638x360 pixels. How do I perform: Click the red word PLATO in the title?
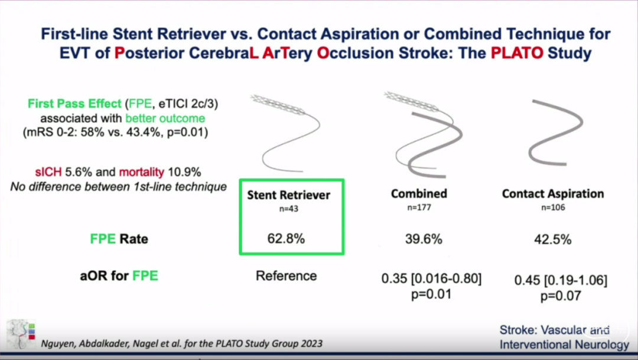pos(517,53)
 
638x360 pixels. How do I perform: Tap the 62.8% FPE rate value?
pos(286,239)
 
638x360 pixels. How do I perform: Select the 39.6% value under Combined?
pos(424,239)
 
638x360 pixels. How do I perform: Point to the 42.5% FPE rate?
pos(553,239)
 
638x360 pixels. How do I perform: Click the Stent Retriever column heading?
pos(288,195)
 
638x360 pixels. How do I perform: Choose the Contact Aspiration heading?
pos(553,194)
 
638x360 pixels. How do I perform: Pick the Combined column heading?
pos(419,194)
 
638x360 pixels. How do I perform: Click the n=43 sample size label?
pos(288,209)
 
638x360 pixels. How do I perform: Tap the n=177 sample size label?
pos(419,207)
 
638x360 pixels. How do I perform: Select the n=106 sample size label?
pos(553,207)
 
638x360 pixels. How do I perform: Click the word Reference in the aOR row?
pos(286,275)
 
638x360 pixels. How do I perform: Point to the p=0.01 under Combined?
pos(431,294)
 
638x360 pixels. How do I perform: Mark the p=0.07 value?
pos(561,296)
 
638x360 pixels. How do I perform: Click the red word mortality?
pos(142,172)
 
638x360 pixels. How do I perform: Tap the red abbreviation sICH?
pos(48,172)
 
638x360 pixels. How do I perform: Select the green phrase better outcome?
pos(165,118)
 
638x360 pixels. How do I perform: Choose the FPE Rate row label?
pos(119,239)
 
